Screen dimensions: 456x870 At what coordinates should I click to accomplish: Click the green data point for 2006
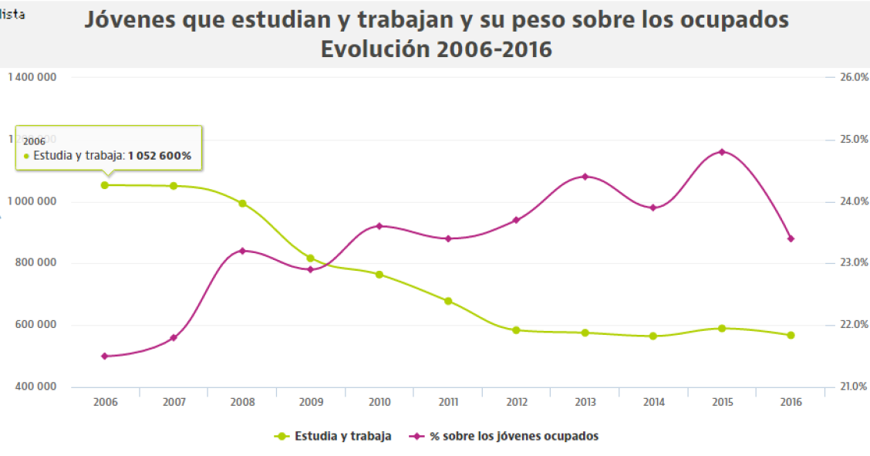click(105, 185)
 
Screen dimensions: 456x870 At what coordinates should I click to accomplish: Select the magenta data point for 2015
click(722, 152)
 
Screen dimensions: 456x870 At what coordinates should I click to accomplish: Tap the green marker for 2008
click(242, 204)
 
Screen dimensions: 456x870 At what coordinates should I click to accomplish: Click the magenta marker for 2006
click(105, 356)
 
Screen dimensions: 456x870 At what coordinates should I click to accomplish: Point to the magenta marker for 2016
click(791, 238)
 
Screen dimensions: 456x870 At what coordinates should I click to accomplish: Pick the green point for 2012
click(516, 330)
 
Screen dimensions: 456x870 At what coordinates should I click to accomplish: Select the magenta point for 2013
click(585, 177)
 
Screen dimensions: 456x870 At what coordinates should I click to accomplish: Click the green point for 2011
click(448, 301)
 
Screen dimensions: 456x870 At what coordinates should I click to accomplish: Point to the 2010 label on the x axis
click(379, 402)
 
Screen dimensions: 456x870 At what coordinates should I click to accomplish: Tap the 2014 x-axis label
click(653, 402)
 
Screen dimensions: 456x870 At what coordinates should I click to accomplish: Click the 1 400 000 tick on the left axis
click(32, 78)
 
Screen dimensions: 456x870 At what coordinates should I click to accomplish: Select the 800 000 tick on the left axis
click(37, 263)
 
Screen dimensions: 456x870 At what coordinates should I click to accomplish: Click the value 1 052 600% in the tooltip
click(160, 156)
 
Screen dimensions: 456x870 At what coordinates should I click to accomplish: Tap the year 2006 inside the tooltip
click(34, 141)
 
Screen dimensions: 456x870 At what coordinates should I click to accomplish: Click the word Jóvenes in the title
click(130, 19)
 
